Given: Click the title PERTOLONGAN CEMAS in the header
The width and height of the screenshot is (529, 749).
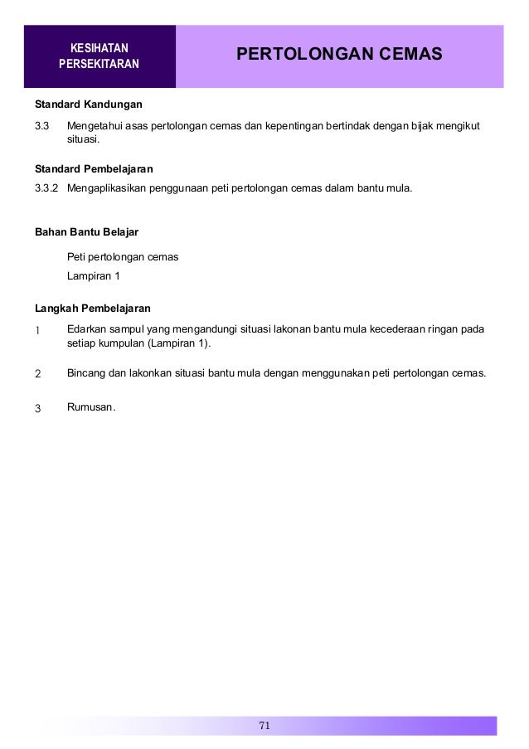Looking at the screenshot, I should pos(339,55).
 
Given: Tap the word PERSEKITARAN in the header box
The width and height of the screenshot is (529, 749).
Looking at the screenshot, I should pos(99,64).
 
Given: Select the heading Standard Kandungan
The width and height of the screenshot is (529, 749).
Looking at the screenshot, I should pos(88,106).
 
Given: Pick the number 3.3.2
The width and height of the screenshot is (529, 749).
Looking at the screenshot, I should pos(46,187).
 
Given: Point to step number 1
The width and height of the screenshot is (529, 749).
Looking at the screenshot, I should pos(37,330).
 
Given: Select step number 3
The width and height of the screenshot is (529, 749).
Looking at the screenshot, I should pos(37,407).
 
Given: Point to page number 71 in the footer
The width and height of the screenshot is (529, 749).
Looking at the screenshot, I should pos(264,726).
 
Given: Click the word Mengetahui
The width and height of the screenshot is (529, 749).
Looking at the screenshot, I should pos(96,126).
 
